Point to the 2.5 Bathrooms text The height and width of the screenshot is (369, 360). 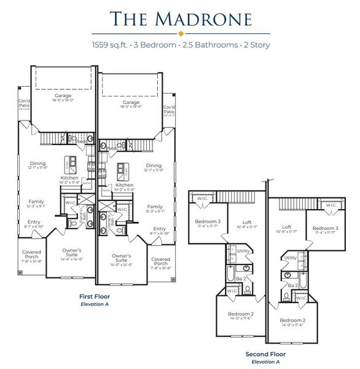click(x=200, y=45)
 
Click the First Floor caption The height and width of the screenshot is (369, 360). click(x=94, y=295)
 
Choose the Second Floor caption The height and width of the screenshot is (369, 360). click(x=265, y=354)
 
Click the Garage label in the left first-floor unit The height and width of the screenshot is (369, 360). click(x=63, y=96)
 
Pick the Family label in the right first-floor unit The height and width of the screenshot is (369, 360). click(x=155, y=207)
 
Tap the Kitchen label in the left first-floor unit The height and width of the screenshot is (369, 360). click(x=69, y=178)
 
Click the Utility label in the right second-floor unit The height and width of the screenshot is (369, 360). click(x=291, y=258)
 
